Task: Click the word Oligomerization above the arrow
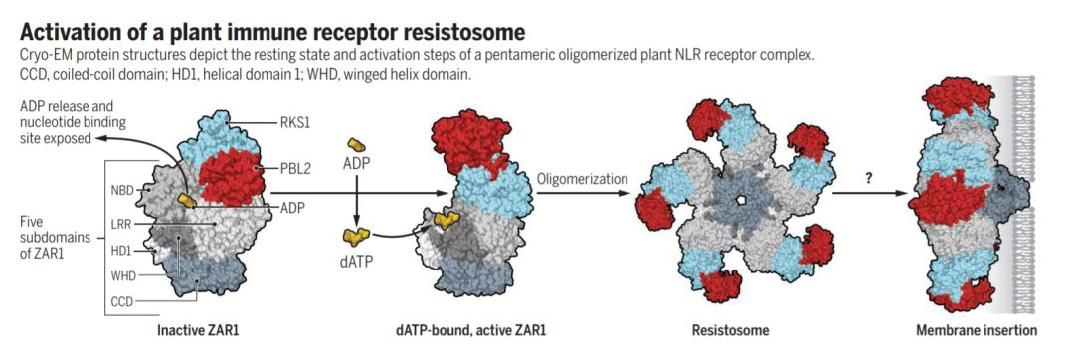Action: tap(582, 179)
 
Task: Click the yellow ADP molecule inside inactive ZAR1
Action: tap(186, 200)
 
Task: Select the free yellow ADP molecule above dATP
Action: tap(356, 144)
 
